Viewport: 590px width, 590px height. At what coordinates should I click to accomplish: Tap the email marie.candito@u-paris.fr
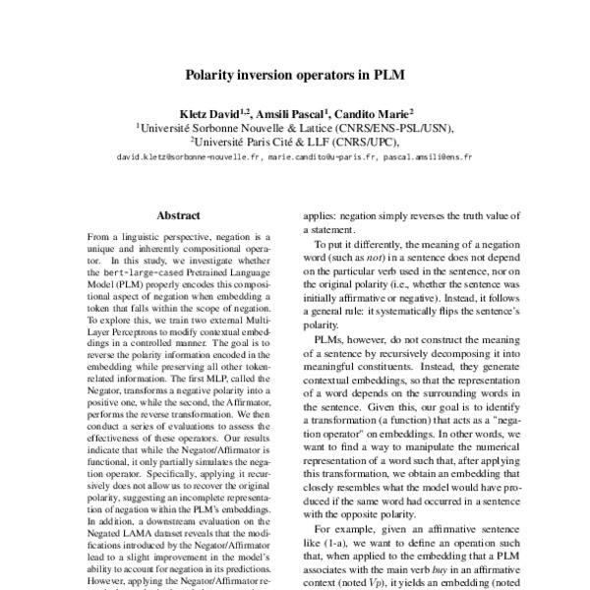pos(322,155)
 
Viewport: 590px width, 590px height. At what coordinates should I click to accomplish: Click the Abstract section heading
pos(178,215)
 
